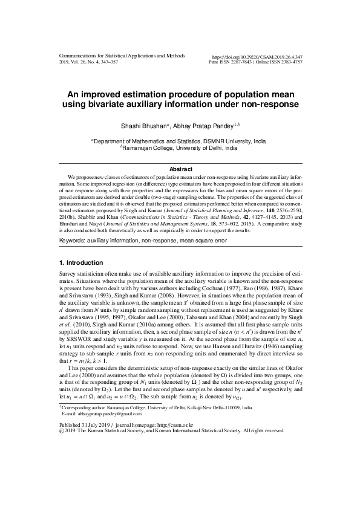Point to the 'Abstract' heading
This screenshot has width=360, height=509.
[180, 169]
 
